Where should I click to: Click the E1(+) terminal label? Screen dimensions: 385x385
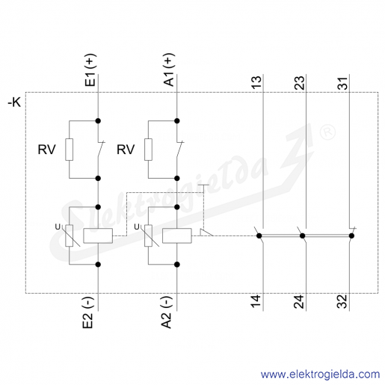point(90,70)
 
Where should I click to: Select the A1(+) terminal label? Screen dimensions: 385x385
point(169,70)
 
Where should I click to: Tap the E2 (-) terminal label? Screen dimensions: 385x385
point(88,312)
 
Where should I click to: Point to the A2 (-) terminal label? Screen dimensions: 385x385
point(167,312)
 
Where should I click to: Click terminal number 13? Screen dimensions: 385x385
point(256,82)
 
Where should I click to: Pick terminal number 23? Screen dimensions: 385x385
point(299,83)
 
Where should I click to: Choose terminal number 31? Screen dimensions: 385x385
point(342,83)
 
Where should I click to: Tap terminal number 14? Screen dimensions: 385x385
point(256,301)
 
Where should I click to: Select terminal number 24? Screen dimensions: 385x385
point(299,301)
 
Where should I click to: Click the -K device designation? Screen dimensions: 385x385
point(14,102)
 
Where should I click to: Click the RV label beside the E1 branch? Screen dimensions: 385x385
point(46,150)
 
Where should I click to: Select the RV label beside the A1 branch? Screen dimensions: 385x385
point(126,150)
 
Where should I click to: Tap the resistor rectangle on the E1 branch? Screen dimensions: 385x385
point(70,150)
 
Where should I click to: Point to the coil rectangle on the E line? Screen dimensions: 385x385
point(98,235)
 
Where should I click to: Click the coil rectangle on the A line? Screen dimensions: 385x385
point(177,235)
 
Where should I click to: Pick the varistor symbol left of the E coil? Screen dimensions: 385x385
point(70,235)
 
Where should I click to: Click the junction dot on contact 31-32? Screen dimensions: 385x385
point(351,235)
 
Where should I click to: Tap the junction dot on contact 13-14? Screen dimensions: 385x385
point(259,235)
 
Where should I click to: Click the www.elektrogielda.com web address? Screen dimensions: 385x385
point(321,375)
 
